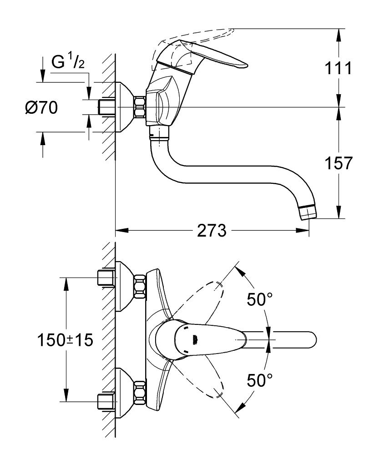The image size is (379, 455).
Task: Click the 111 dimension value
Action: pyautogui.click(x=338, y=69)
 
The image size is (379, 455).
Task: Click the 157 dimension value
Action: pyautogui.click(x=338, y=163)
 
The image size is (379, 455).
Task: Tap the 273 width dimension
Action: pyautogui.click(x=212, y=231)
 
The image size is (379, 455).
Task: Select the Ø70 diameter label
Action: pyautogui.click(x=41, y=108)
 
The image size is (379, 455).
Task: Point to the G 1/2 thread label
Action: pyautogui.click(x=68, y=61)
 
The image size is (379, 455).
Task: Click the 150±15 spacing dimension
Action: pyautogui.click(x=65, y=340)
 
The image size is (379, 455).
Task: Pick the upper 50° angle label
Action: pyautogui.click(x=260, y=299)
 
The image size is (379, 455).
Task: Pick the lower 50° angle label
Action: pyautogui.click(x=260, y=380)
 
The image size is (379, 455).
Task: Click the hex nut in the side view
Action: pyautogui.click(x=140, y=108)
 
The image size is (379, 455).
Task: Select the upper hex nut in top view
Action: pyautogui.click(x=140, y=287)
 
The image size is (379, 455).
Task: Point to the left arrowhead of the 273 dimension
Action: pyautogui.click(x=122, y=231)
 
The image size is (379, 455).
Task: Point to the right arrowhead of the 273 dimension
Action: pyautogui.click(x=303, y=231)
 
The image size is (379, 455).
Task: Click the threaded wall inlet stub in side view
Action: pyautogui.click(x=107, y=108)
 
